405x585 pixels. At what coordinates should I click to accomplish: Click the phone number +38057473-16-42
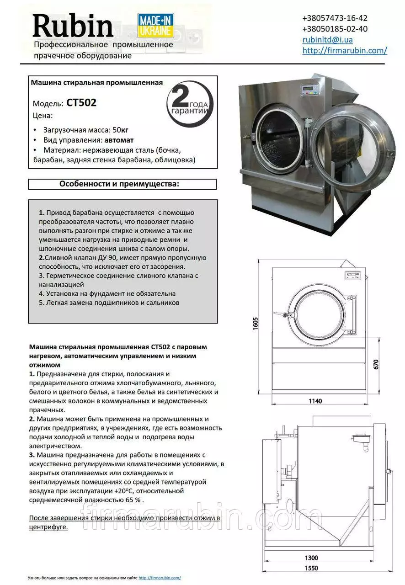(x=335, y=18)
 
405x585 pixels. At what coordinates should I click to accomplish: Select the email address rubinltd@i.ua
(x=327, y=40)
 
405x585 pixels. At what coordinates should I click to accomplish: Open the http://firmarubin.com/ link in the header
(x=345, y=51)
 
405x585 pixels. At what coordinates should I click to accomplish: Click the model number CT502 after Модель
(x=81, y=103)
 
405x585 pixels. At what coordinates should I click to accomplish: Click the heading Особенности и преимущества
(x=119, y=184)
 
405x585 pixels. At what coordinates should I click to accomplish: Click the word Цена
(x=43, y=115)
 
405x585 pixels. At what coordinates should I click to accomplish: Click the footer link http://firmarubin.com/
(x=160, y=578)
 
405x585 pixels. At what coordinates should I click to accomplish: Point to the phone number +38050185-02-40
(x=335, y=29)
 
